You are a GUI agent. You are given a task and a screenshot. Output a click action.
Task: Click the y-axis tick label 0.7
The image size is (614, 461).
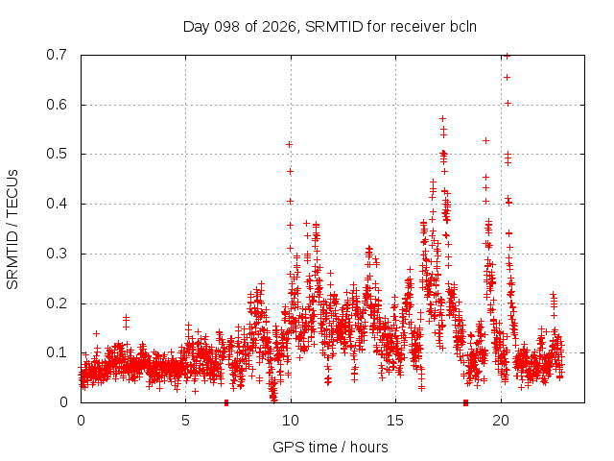57,55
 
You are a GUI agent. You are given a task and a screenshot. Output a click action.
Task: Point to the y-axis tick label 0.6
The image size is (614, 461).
57,105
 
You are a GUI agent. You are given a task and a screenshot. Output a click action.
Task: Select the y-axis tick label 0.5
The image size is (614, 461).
57,154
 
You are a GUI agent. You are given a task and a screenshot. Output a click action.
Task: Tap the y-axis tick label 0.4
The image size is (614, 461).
57,204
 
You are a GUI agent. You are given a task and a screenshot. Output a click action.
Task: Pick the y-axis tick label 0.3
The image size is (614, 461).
57,254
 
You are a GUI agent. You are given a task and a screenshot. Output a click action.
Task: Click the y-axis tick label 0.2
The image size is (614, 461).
57,303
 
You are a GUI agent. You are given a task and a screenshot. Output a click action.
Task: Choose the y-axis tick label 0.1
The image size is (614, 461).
57,352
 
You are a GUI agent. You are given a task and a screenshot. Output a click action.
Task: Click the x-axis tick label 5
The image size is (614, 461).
185,421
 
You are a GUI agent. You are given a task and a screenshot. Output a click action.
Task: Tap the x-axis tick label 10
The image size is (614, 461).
291,421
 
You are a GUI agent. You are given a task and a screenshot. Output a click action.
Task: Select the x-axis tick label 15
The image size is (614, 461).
395,421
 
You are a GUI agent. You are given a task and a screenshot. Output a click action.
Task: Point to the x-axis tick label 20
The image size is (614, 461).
501,421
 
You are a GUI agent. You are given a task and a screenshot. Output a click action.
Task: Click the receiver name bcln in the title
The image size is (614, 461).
463,27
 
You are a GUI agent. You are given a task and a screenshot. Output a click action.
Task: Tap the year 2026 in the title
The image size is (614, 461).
279,27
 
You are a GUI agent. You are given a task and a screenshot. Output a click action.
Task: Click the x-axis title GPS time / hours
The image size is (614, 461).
330,447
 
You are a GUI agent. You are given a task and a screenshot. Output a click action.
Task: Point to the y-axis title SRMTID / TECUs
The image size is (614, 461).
12,230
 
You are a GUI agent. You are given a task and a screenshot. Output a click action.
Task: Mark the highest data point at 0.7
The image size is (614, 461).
508,56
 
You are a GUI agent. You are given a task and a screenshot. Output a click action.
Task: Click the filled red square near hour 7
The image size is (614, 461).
226,402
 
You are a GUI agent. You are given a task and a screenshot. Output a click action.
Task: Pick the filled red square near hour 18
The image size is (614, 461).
465,402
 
